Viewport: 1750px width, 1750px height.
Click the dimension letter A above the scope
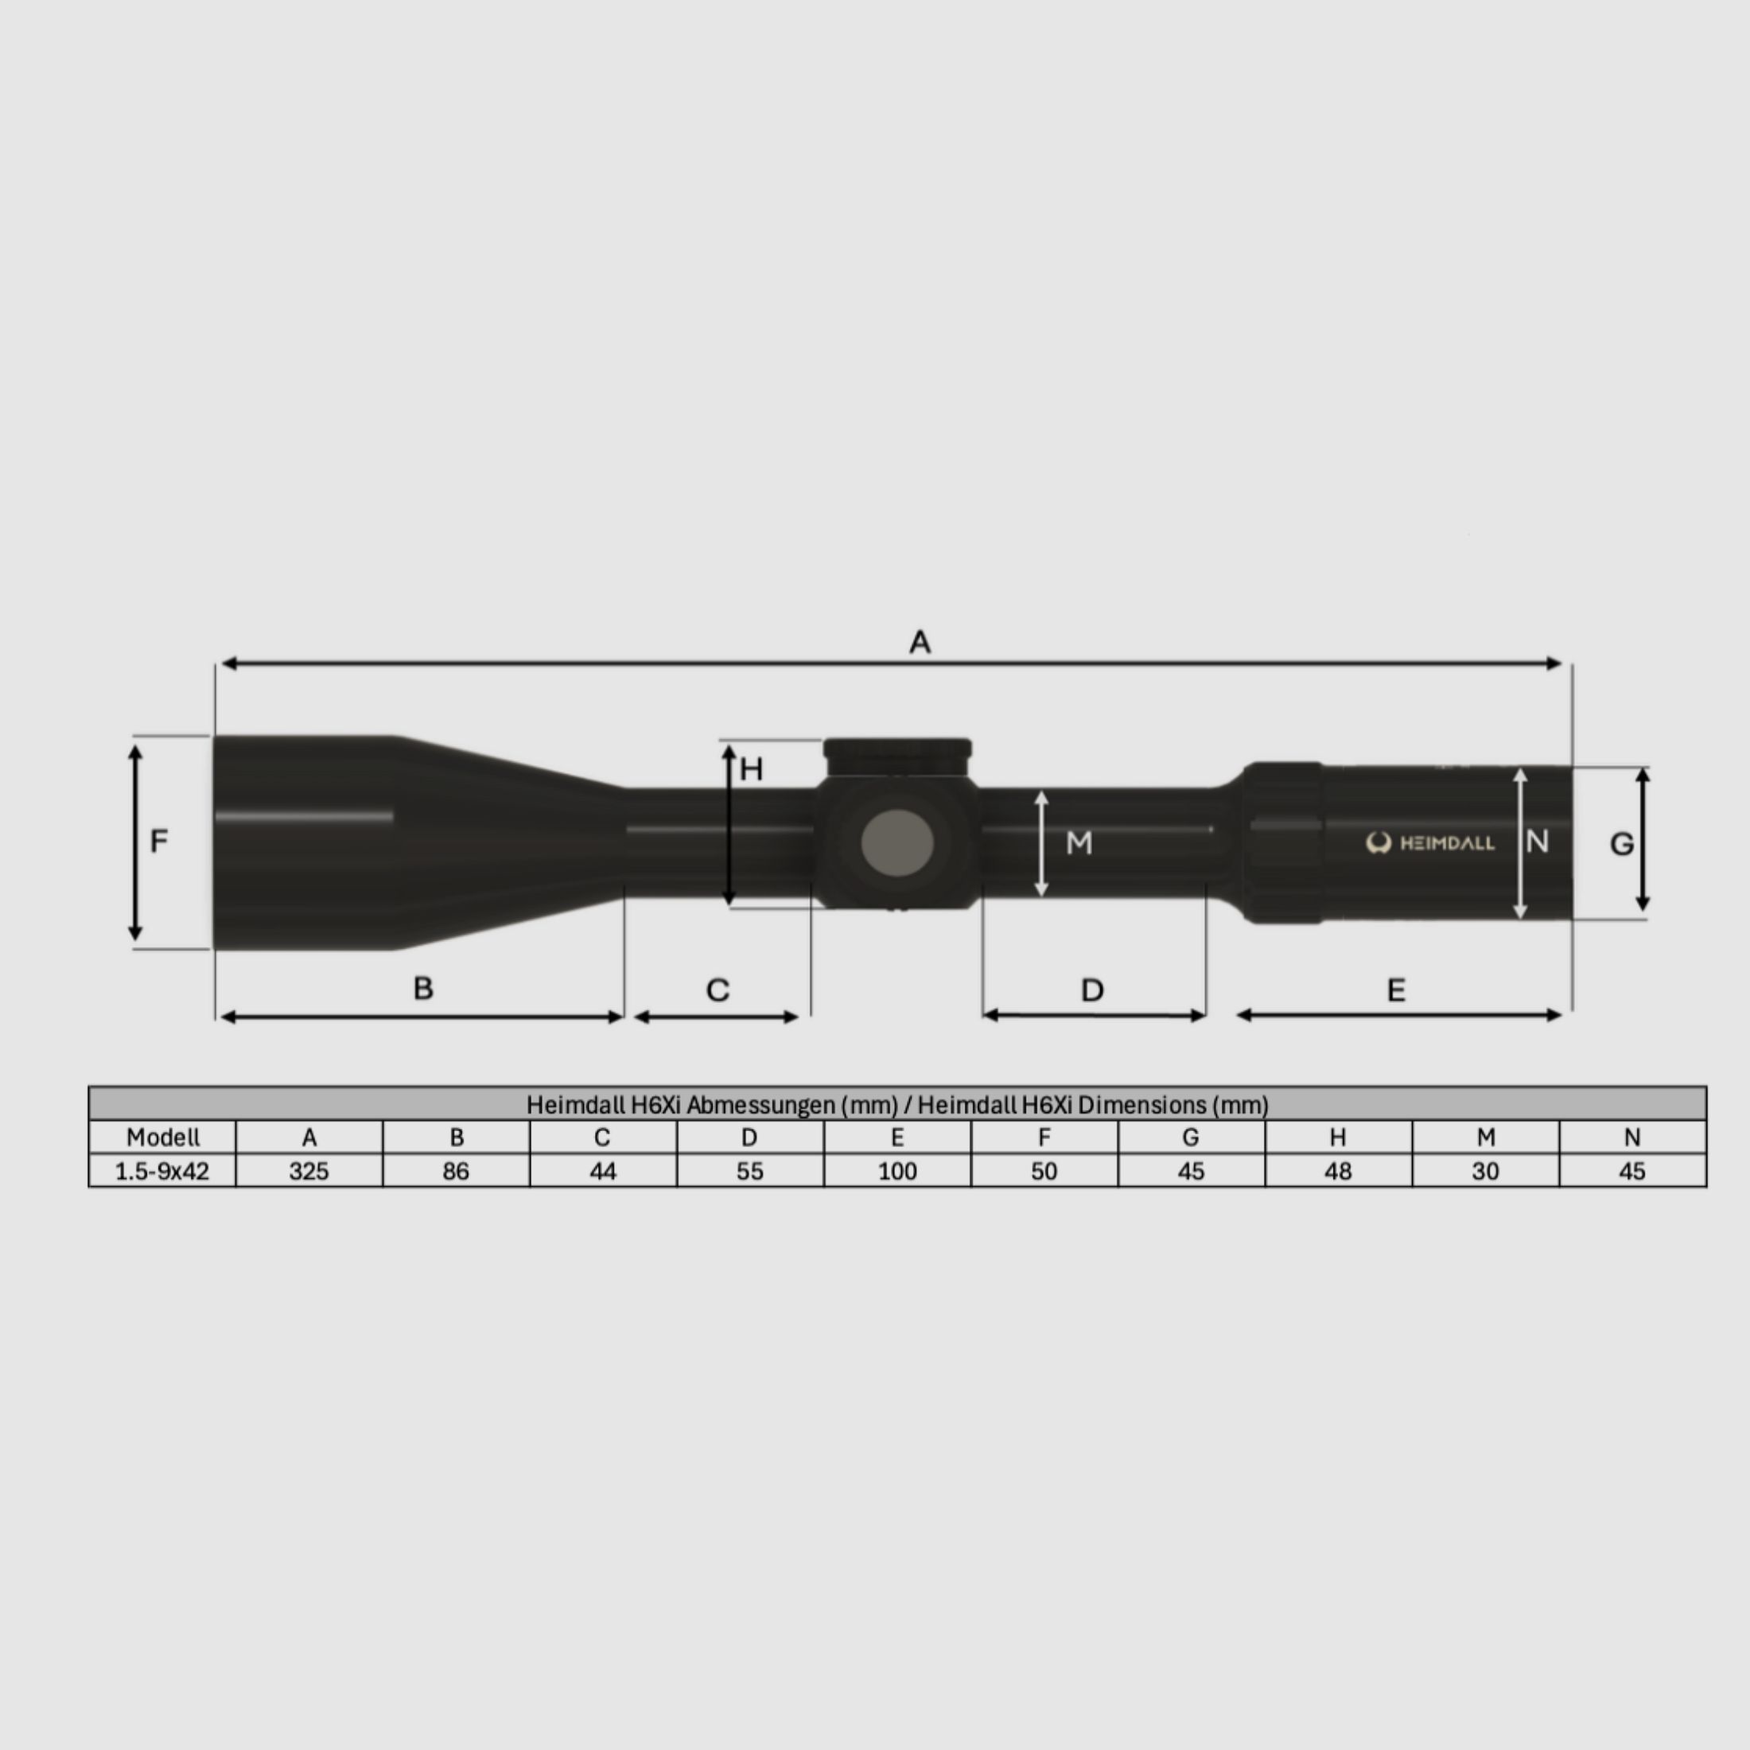pos(920,642)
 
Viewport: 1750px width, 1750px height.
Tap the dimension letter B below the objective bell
pos(423,987)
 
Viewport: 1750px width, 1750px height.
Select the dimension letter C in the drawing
pos(717,990)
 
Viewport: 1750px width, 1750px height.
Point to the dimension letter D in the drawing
pos(1092,990)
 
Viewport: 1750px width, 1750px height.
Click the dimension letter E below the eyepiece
pos(1396,990)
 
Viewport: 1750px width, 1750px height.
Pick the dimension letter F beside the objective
pos(158,842)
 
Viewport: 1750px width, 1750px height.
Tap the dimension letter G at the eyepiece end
pos(1621,844)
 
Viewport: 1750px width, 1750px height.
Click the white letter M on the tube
pos(1079,843)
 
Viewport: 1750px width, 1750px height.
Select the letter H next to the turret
pos(751,770)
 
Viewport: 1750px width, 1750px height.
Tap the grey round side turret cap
pos(896,842)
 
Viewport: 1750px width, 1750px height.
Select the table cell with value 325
pos(309,1171)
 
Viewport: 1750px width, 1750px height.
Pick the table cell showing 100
pos(896,1171)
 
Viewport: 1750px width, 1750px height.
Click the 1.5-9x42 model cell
pos(162,1171)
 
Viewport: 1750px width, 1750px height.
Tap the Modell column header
pos(162,1137)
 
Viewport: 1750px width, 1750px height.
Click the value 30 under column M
pos(1484,1171)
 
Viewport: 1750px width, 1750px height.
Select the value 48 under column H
pos(1338,1171)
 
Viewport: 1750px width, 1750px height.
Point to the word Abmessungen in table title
pos(760,1105)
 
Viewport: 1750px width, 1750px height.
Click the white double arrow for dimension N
pos(1521,843)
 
